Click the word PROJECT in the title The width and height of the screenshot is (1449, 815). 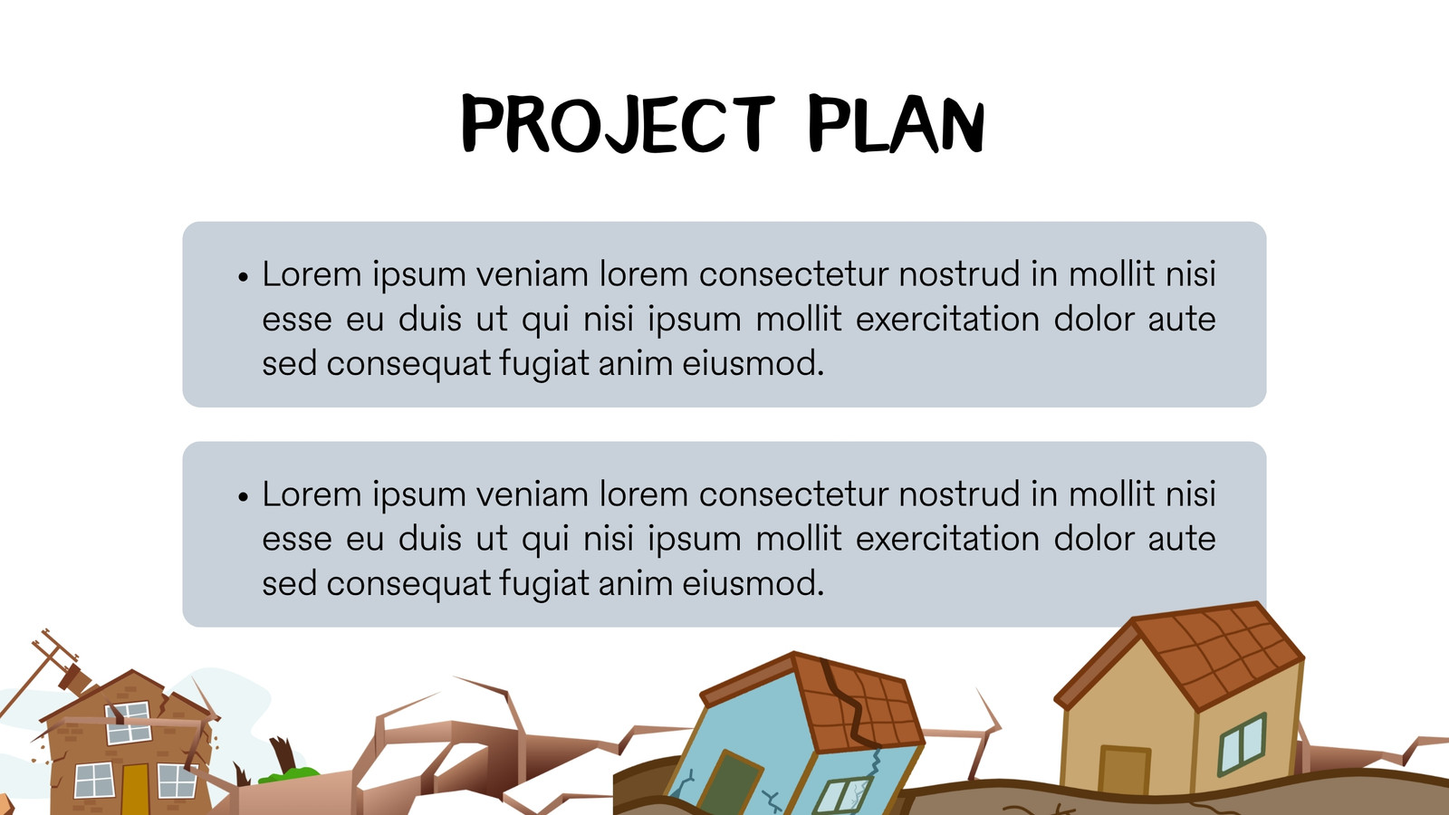click(618, 123)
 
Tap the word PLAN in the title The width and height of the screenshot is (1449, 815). click(897, 123)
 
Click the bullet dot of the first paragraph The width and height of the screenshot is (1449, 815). click(244, 277)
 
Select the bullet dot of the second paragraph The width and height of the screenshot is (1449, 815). click(244, 497)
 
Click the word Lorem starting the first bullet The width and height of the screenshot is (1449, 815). click(312, 273)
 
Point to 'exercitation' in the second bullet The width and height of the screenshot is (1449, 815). click(947, 539)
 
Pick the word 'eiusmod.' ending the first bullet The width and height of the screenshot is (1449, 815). click(753, 363)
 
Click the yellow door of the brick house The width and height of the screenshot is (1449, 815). click(135, 789)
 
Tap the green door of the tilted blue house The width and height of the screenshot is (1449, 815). click(730, 782)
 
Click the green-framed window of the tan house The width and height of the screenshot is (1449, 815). click(1243, 743)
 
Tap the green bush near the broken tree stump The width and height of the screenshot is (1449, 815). click(289, 774)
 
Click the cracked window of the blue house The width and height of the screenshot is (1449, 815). click(841, 797)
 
